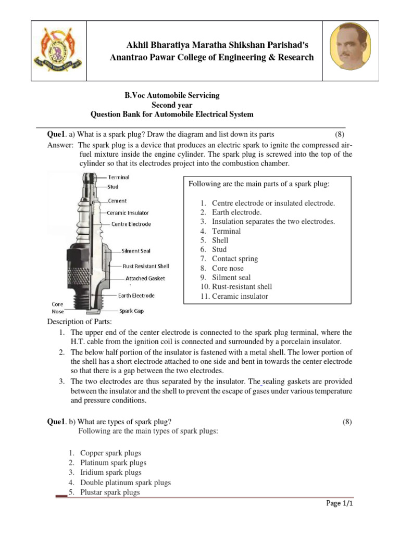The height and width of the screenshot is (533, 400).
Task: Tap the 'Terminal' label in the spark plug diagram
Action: click(119, 177)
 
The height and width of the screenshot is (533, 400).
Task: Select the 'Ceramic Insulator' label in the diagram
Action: click(128, 212)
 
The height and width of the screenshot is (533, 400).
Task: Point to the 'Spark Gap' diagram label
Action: click(131, 311)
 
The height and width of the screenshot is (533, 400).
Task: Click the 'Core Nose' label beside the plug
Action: click(57, 307)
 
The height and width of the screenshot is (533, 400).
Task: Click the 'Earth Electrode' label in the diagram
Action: click(136, 296)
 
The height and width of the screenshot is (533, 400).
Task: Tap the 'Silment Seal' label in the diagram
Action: click(136, 251)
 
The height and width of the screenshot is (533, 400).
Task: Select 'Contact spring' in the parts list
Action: click(234, 259)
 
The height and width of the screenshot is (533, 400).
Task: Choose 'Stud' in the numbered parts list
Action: click(219, 249)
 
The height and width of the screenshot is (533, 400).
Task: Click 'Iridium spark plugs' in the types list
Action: click(111, 472)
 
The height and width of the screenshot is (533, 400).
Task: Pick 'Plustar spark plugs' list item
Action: click(110, 492)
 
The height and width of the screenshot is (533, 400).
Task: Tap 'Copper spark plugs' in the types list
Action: click(110, 453)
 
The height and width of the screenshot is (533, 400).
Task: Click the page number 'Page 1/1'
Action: click(340, 503)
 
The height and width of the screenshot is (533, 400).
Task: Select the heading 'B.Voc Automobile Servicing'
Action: click(171, 95)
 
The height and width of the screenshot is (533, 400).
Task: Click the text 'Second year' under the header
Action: click(171, 105)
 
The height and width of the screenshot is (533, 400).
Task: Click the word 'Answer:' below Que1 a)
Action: click(60, 145)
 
